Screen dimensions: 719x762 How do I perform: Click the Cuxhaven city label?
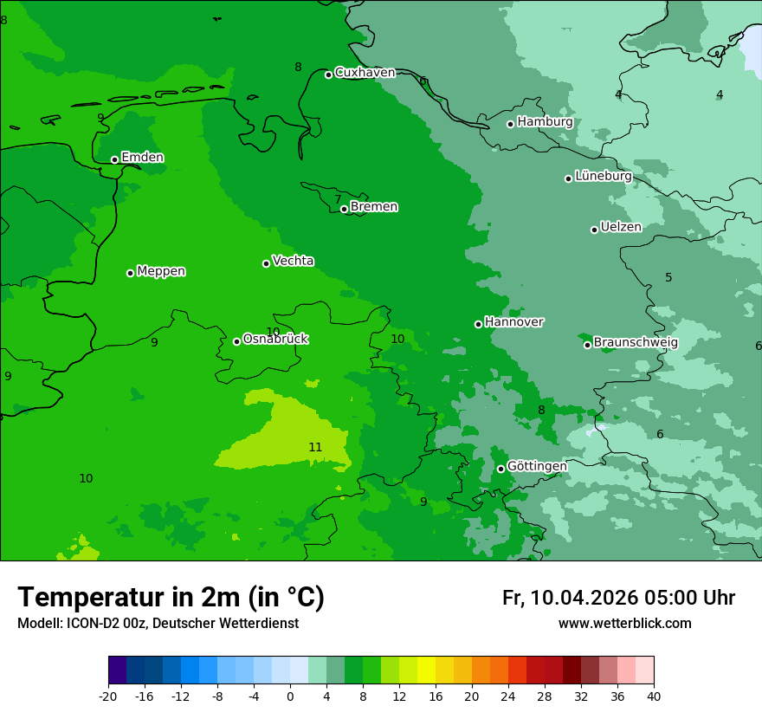[x=365, y=73]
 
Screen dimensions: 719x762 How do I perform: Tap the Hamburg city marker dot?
[x=511, y=124]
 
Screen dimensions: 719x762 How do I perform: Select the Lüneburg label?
[x=604, y=176]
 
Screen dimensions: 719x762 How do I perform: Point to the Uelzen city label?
[x=621, y=227]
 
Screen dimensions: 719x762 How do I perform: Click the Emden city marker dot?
[x=114, y=159]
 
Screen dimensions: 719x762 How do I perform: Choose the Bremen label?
[x=374, y=207]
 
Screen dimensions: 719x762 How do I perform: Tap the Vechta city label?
[x=293, y=261]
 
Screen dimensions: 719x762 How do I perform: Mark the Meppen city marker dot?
[x=130, y=273]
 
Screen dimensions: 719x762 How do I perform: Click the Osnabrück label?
[x=275, y=339]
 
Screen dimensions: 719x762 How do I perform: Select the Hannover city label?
[x=513, y=322]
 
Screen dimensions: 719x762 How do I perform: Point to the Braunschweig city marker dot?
[x=587, y=345]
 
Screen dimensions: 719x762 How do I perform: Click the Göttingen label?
[x=537, y=466]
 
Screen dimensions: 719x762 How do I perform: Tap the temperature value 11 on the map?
[x=315, y=447]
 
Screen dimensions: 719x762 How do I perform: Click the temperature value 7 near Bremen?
[x=338, y=199]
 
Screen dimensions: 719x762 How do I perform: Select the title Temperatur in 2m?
[x=171, y=598]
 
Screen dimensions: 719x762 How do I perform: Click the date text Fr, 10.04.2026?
[x=570, y=598]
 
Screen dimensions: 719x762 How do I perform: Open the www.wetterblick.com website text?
[x=624, y=624]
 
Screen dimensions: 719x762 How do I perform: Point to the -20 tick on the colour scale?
[x=108, y=696]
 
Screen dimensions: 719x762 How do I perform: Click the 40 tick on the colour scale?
[x=654, y=696]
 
